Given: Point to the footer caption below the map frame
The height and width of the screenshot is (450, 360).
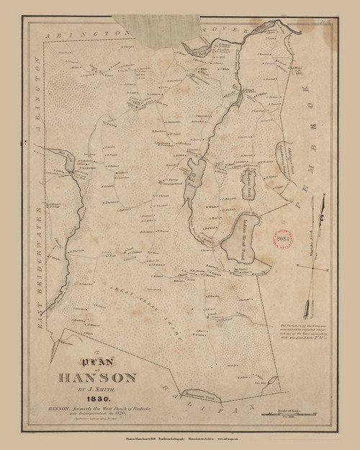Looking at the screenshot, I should click(x=179, y=437).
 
